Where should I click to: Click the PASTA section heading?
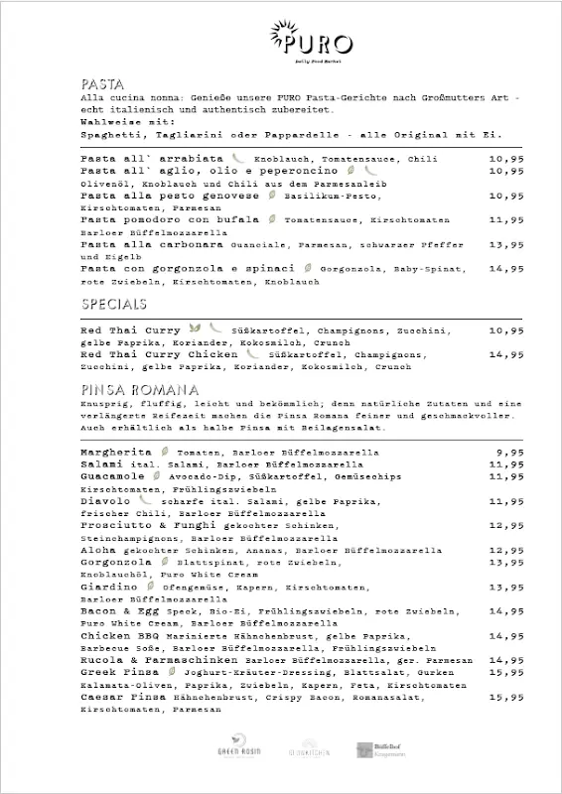(x=103, y=84)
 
